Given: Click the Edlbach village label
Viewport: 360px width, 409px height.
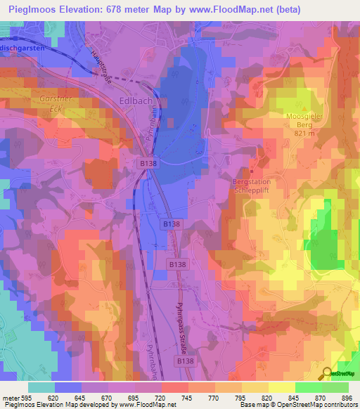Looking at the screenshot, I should click(136, 101).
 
